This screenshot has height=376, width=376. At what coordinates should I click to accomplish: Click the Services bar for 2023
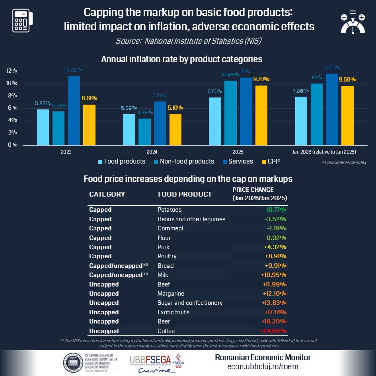pos(74,111)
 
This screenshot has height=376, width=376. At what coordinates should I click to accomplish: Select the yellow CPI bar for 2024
pos(175,129)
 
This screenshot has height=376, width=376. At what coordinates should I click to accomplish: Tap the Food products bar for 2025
pos(215,121)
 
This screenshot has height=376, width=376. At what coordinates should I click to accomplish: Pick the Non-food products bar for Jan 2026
pos(317,114)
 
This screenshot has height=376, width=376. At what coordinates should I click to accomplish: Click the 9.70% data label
pos(261,79)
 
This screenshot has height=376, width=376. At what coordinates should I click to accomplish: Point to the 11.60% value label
pos(332,68)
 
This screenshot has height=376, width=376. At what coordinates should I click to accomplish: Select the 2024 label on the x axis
pos(152,152)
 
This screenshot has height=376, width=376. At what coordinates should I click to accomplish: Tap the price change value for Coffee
pos(273,331)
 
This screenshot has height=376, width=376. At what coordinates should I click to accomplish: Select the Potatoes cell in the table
pos(169,210)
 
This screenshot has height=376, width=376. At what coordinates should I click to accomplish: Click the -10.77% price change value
pos(275,210)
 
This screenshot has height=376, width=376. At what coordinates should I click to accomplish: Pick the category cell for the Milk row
pos(119,275)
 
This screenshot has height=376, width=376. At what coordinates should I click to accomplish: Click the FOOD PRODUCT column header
pos(185,194)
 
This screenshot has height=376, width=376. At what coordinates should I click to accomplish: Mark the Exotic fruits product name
pos(173,312)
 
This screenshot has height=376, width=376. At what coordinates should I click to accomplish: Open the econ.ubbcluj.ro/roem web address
pos(263,366)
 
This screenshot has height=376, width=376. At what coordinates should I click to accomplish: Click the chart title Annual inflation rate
pos(182,59)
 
